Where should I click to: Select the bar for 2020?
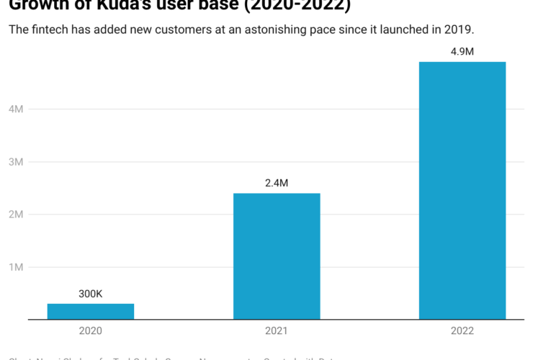91,311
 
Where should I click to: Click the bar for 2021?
277,256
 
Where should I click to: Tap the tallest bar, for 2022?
462,190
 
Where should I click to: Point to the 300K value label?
91,294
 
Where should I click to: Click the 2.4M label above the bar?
277,183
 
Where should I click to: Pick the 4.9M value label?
462,52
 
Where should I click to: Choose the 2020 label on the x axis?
91,330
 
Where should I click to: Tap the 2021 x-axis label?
277,330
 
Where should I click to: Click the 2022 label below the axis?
462,330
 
